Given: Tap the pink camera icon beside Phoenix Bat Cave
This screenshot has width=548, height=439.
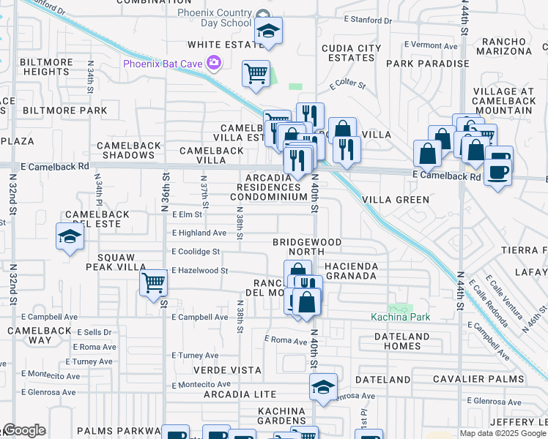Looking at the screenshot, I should pos(214,62).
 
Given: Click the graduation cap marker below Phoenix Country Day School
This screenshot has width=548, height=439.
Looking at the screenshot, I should pos(268,31).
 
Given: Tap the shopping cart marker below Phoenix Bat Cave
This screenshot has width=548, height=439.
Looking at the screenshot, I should pos(256,72).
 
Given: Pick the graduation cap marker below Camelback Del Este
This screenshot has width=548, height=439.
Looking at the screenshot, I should pos(70,236).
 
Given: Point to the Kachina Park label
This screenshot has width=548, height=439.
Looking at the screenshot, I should pos(400,318).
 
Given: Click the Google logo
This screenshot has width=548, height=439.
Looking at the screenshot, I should pos(24,430).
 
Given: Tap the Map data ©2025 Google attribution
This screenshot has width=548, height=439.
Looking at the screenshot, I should pos(503,433).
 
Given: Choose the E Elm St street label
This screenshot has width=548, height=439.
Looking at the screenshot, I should pos(187,215).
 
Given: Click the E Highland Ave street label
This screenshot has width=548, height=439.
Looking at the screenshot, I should pos(199,233).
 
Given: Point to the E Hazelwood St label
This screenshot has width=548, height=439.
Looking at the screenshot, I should pos(200,271).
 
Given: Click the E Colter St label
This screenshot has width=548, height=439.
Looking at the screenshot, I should pos(347,85).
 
